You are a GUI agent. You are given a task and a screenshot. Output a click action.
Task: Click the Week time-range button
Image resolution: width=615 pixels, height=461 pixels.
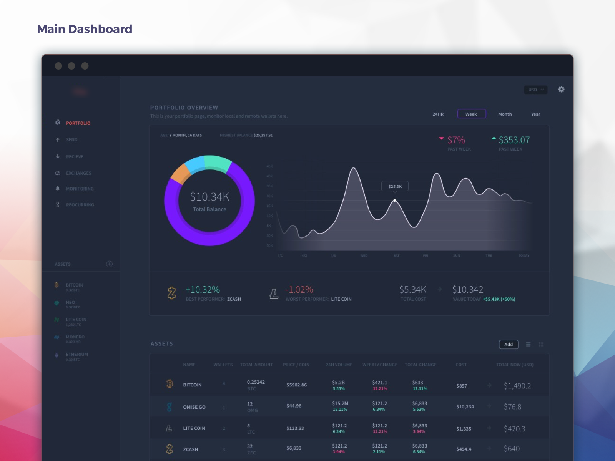click(x=471, y=114)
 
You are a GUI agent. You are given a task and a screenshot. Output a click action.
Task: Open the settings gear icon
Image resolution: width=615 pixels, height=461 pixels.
click(x=561, y=90)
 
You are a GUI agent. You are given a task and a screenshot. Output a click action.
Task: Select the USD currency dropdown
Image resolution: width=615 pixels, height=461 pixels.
click(x=535, y=90)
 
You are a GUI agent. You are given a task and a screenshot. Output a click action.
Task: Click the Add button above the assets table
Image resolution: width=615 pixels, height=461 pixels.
click(x=508, y=345)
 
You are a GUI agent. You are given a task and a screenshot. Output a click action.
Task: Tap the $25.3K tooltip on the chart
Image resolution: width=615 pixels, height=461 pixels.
click(x=395, y=186)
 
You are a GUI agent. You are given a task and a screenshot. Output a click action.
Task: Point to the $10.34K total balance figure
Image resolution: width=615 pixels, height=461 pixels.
click(x=209, y=197)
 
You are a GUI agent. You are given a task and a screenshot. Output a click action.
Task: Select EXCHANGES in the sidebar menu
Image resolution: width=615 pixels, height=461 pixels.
click(x=78, y=173)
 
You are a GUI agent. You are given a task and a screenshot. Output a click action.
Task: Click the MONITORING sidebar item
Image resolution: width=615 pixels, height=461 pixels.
click(x=80, y=189)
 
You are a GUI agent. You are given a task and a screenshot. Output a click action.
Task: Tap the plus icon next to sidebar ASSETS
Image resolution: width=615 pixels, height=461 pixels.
click(x=109, y=264)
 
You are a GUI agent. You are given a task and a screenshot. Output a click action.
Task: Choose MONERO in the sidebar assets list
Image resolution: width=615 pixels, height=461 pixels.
click(x=75, y=337)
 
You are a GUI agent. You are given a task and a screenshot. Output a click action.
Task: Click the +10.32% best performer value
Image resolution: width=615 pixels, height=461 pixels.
click(x=203, y=290)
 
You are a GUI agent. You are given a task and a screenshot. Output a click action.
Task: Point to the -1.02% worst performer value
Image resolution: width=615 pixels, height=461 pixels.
click(x=299, y=290)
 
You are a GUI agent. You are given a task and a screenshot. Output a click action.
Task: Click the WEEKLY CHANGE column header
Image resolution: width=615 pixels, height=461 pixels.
click(x=380, y=365)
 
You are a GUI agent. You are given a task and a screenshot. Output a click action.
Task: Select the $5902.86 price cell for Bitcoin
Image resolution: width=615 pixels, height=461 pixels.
click(x=296, y=385)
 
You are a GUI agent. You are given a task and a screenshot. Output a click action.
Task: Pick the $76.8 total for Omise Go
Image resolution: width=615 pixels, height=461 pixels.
click(x=512, y=407)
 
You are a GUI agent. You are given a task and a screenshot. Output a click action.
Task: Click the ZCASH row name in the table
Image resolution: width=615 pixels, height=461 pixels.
click(x=191, y=449)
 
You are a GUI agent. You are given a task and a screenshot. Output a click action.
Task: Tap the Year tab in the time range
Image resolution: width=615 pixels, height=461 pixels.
click(x=535, y=114)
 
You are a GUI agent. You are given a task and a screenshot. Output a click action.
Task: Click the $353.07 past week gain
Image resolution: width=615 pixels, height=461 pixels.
click(x=514, y=140)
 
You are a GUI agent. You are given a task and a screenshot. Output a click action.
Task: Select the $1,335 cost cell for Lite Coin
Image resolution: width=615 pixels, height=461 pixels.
click(x=464, y=429)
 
